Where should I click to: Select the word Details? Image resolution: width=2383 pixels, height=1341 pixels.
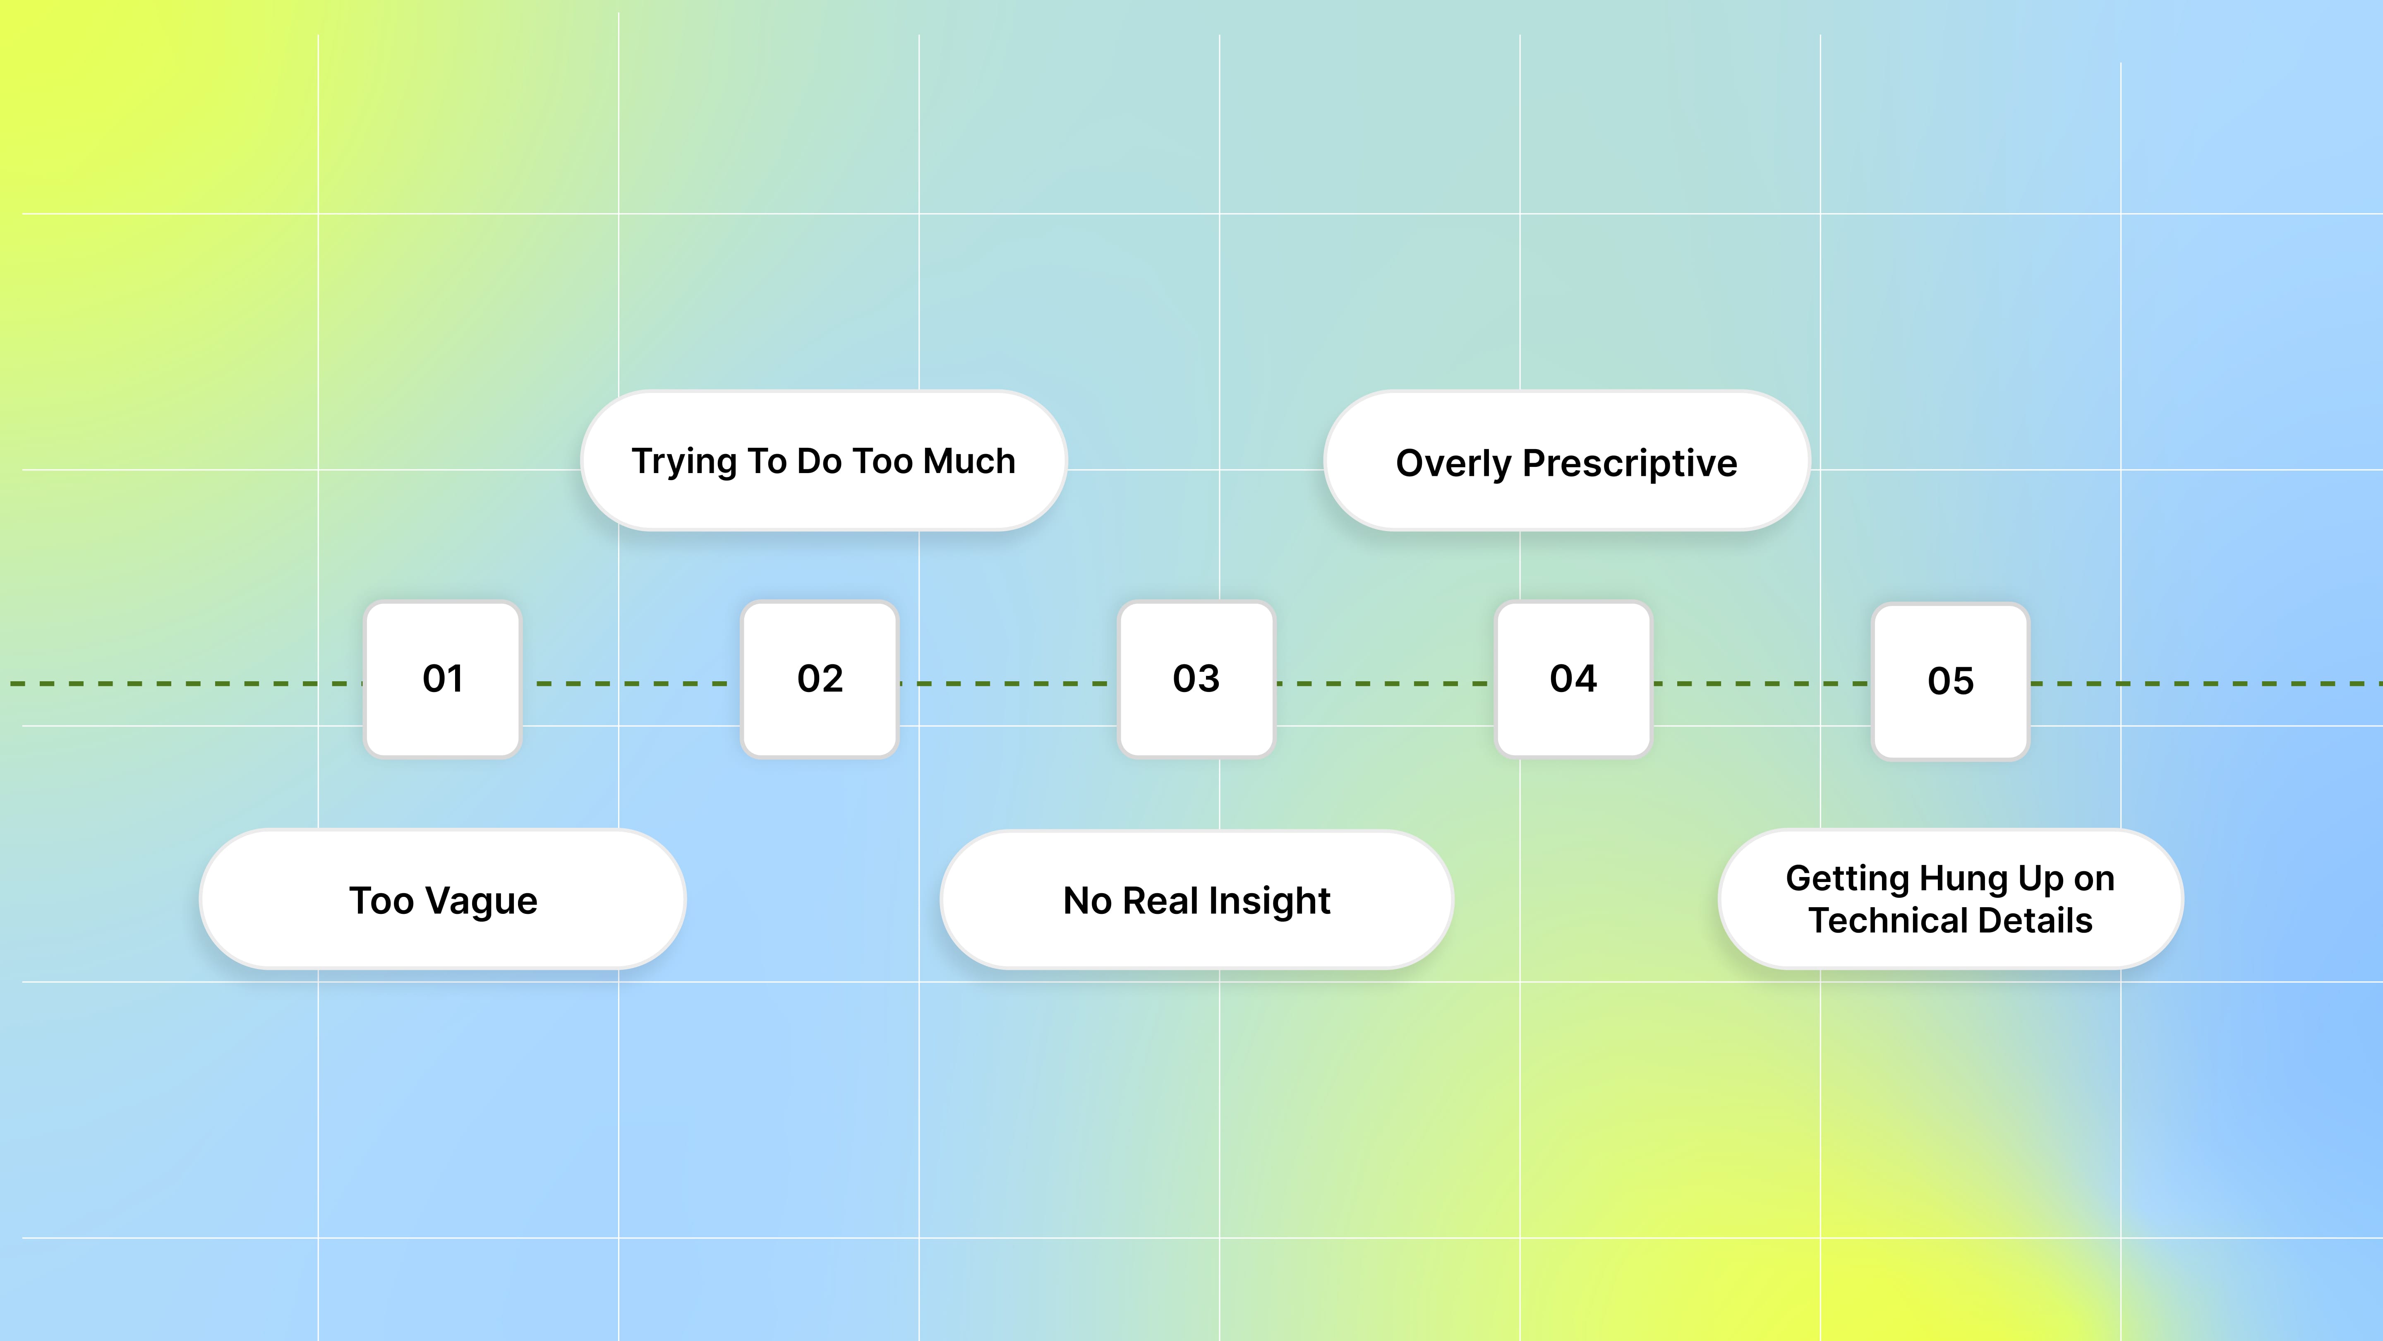[x=2035, y=921]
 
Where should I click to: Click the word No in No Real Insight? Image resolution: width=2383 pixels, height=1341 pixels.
[x=1087, y=901]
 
